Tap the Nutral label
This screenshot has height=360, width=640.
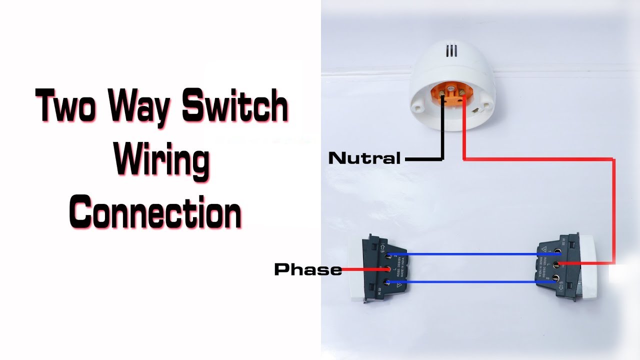[x=364, y=159]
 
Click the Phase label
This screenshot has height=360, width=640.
[x=308, y=270]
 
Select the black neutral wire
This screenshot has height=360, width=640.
[x=442, y=135]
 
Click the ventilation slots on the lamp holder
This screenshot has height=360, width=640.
[x=452, y=51]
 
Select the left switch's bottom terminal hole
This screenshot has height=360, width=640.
[x=387, y=282]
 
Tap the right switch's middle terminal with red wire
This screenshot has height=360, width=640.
[x=556, y=263]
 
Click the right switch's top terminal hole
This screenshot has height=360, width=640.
[x=556, y=250]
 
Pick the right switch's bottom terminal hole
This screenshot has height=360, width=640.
[x=555, y=278]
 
